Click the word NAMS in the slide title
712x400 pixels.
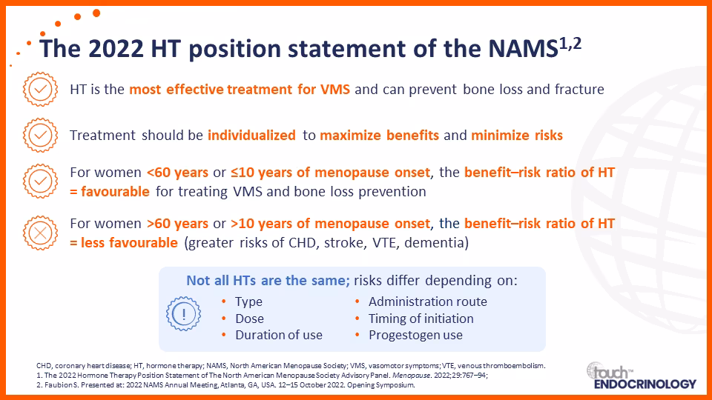[x=523, y=49]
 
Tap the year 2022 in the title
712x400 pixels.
[x=116, y=49]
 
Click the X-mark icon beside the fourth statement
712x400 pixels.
[x=40, y=233]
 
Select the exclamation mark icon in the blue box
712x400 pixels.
[x=183, y=314]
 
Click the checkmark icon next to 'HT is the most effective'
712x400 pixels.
[x=40, y=90]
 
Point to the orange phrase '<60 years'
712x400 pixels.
[x=177, y=173]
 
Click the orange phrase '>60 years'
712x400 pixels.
[x=177, y=224]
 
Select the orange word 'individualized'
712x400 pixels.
[x=251, y=135]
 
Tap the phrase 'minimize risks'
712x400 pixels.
[x=517, y=135]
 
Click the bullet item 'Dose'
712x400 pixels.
[x=249, y=319]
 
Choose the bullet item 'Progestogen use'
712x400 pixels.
[x=415, y=335]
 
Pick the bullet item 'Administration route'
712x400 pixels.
[x=428, y=301]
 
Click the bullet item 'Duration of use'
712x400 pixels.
[x=279, y=335]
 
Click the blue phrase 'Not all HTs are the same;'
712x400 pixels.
[x=268, y=280]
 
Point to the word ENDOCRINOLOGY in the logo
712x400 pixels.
[x=645, y=384]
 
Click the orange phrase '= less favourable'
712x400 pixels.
[x=124, y=243]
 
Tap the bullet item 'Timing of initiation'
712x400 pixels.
[x=421, y=319]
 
